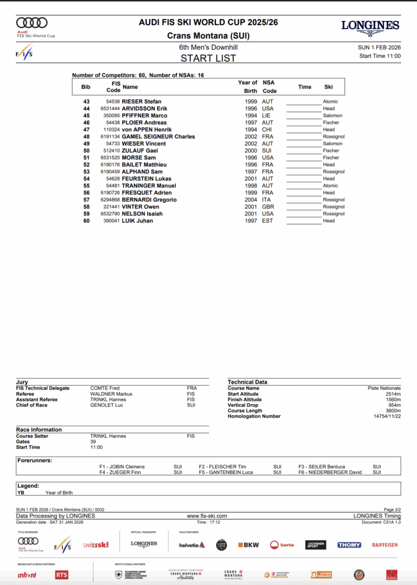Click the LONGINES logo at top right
click(x=370, y=26)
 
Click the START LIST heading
click(x=208, y=58)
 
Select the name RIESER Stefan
click(x=142, y=102)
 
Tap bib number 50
click(x=86, y=151)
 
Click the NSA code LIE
click(x=267, y=115)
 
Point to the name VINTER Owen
click(x=141, y=207)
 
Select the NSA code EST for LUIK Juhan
click(x=267, y=221)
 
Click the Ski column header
click(x=328, y=87)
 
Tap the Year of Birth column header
click(x=247, y=86)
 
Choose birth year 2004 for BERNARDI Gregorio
click(x=251, y=200)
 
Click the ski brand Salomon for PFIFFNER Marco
click(x=332, y=115)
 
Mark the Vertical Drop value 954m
click(x=394, y=405)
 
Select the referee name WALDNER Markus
click(x=111, y=394)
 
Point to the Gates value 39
click(x=93, y=442)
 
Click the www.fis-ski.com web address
click(x=207, y=516)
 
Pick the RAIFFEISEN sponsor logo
click(x=384, y=545)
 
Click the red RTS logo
click(x=62, y=575)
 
